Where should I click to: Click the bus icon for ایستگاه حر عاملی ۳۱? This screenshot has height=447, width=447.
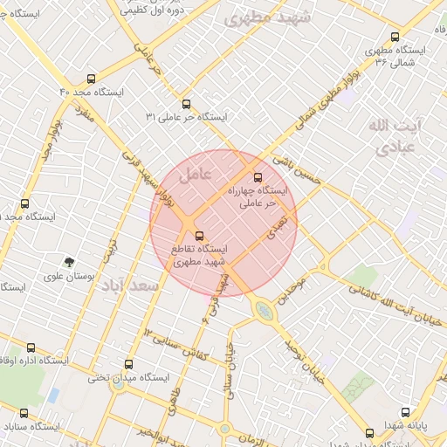point(184,104)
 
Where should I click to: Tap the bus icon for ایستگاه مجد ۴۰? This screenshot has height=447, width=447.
point(92,79)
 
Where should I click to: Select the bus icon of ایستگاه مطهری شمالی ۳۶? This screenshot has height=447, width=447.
point(395,38)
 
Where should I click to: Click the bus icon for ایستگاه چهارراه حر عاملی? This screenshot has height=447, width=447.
point(256,177)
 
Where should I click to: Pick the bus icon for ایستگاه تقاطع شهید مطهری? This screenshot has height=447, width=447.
point(199,236)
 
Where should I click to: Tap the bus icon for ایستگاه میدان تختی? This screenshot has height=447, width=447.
point(129,365)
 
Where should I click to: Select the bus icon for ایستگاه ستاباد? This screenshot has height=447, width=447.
point(24,414)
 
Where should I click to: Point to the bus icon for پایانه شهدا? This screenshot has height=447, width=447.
point(405,411)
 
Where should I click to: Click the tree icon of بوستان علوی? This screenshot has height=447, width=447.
point(69,261)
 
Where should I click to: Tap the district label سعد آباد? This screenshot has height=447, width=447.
point(129,285)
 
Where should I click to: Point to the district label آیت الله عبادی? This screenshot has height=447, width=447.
point(394,136)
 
